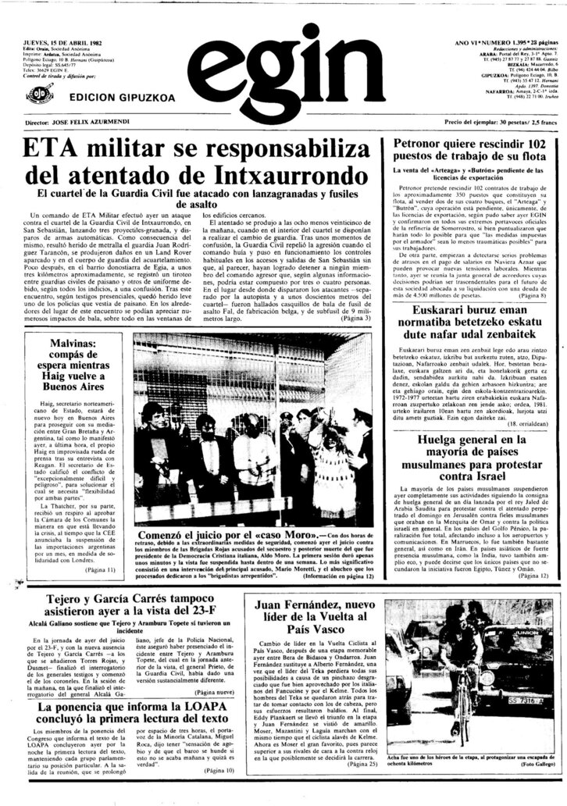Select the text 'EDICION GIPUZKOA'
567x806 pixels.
109,98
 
